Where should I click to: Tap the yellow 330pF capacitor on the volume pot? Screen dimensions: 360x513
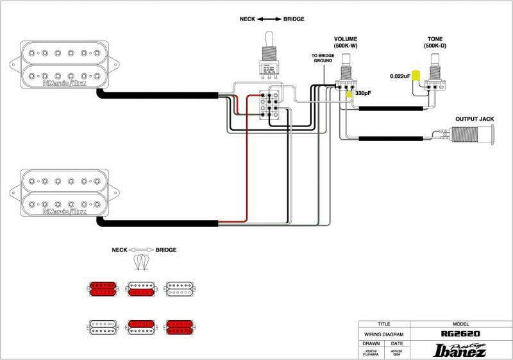point(349,94)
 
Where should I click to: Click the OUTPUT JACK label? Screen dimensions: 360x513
point(475,119)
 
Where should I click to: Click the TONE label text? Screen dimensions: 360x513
point(435,39)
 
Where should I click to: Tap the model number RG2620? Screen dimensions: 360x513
point(462,334)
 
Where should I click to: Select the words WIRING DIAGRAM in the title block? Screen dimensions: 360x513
point(384,334)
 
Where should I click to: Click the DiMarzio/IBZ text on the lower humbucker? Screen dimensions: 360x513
point(64,210)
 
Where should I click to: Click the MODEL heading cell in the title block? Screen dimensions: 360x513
point(462,325)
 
